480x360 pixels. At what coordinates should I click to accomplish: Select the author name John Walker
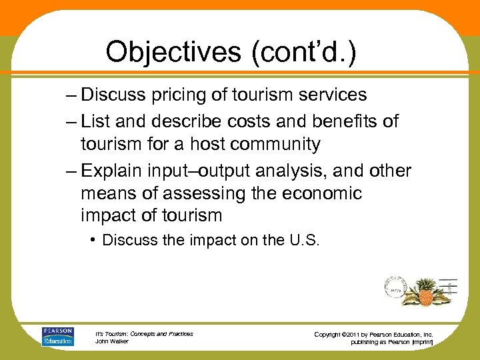111,342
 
